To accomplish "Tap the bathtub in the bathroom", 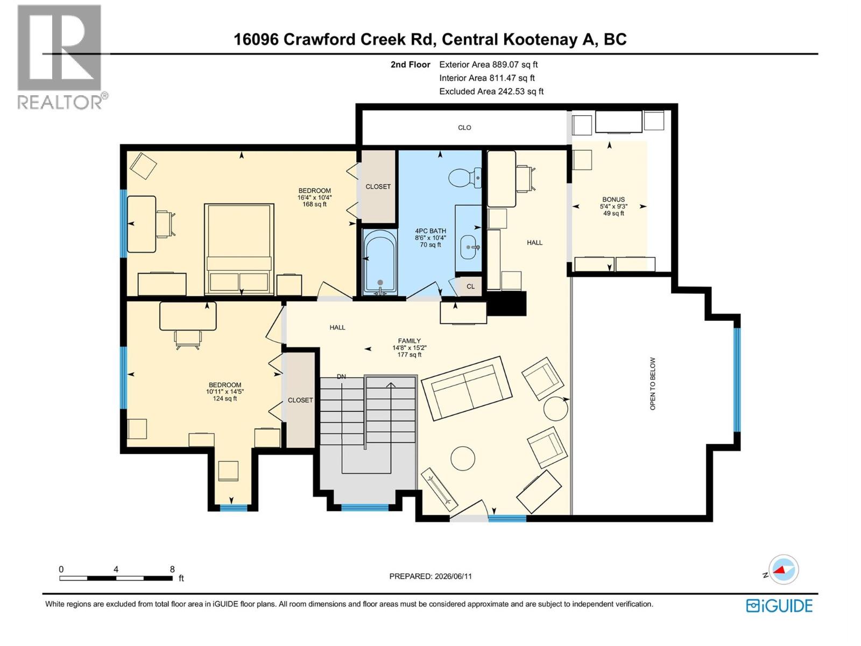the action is click(380, 262).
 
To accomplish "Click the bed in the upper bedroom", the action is click(239, 249).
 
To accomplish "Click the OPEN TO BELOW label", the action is click(652, 384).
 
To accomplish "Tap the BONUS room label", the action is click(613, 199).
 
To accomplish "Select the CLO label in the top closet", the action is click(464, 128).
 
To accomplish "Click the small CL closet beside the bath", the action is click(470, 286).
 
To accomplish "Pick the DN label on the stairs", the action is click(341, 376).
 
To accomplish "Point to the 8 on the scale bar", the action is click(172, 569).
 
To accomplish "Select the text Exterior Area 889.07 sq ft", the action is click(489, 64).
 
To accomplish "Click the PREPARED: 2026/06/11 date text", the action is click(430, 576).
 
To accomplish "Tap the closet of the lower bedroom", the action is click(300, 400).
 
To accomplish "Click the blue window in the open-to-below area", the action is click(737, 380).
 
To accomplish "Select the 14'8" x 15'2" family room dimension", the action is click(409, 348).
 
